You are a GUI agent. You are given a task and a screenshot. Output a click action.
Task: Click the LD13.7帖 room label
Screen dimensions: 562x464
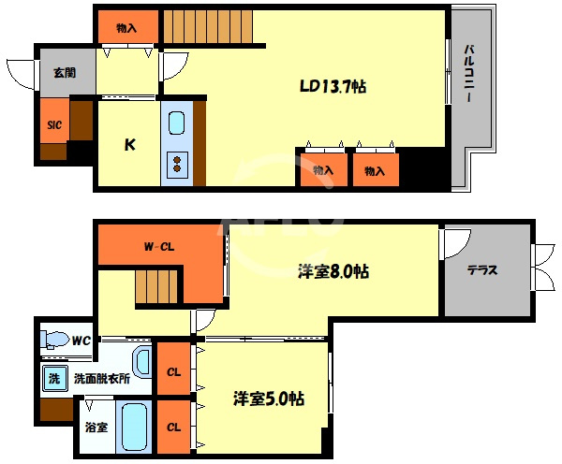(x=333, y=87)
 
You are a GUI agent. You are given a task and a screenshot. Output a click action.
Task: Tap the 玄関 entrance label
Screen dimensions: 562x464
(x=65, y=73)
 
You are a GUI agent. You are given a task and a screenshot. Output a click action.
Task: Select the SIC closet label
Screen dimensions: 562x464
(x=54, y=125)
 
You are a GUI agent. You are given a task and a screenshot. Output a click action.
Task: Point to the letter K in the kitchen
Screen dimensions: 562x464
(x=130, y=145)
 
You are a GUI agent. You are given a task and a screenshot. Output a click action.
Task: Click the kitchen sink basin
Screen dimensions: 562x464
(x=177, y=123)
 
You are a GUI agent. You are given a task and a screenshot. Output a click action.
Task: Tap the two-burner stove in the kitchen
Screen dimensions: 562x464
(x=177, y=165)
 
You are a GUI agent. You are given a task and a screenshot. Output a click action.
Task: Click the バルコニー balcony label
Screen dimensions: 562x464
(x=469, y=74)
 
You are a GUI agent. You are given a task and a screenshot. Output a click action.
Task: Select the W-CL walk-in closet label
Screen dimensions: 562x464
(x=159, y=247)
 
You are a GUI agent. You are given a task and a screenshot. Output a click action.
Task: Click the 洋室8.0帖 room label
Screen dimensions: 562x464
(x=333, y=271)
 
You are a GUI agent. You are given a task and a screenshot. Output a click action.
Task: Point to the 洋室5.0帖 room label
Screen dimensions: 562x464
(x=269, y=399)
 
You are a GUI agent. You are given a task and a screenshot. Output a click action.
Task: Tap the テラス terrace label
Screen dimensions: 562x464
(x=482, y=270)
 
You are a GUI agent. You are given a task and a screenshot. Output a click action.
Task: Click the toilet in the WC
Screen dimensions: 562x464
(x=53, y=339)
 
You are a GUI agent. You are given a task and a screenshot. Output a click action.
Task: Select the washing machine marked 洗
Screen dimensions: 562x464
(x=54, y=378)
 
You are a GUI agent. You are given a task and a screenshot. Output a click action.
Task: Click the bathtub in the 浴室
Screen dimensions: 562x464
(x=134, y=428)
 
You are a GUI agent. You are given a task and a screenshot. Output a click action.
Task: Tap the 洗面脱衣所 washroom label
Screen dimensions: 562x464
(x=102, y=379)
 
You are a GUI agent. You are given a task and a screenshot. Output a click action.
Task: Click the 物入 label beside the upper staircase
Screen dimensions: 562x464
(x=126, y=28)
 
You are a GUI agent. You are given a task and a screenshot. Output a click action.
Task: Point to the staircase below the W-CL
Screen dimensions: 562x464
(x=156, y=286)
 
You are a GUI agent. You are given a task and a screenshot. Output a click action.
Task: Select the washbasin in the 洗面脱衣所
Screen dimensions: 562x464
(x=142, y=362)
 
